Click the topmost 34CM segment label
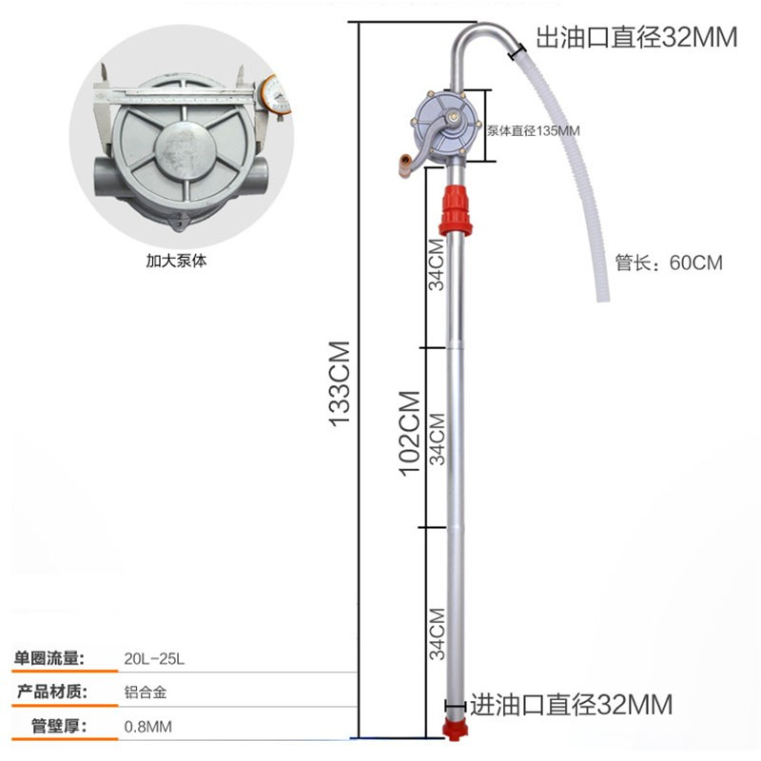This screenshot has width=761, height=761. [x=436, y=264]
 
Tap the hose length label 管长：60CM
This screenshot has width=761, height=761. [x=669, y=263]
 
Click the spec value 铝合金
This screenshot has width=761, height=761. [x=140, y=693]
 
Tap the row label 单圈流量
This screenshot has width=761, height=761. [x=49, y=657]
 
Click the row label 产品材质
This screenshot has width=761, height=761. [x=49, y=693]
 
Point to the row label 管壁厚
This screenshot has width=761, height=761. [x=56, y=728]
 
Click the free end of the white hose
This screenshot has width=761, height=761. [x=602, y=296]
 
